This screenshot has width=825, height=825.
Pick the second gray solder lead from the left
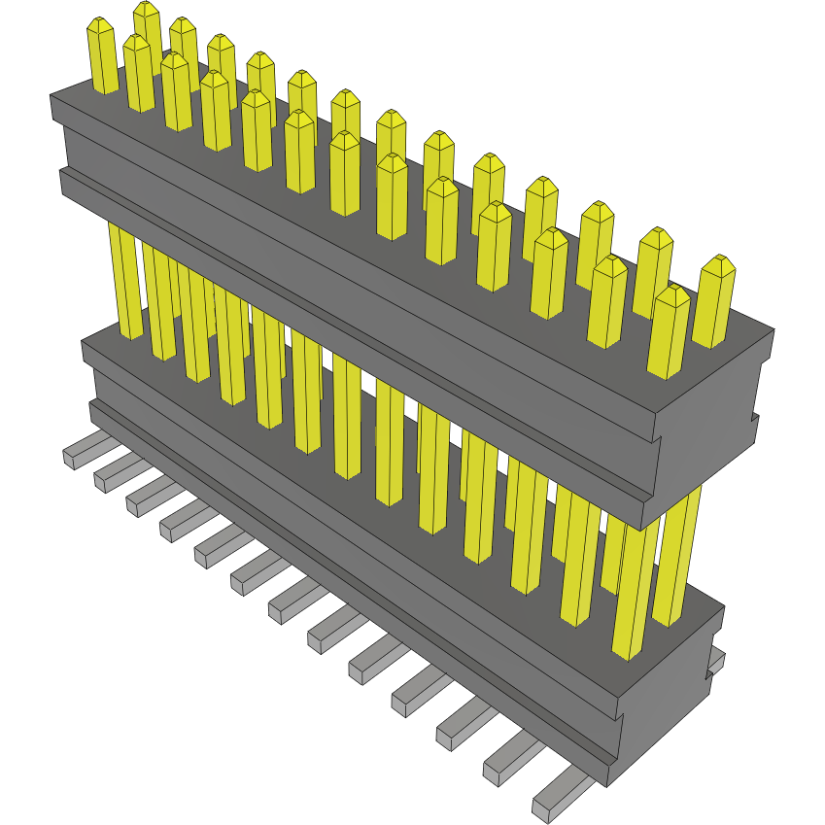click(112, 475)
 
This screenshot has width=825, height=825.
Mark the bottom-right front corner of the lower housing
click(609, 785)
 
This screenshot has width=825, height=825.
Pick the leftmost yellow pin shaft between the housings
click(127, 282)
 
